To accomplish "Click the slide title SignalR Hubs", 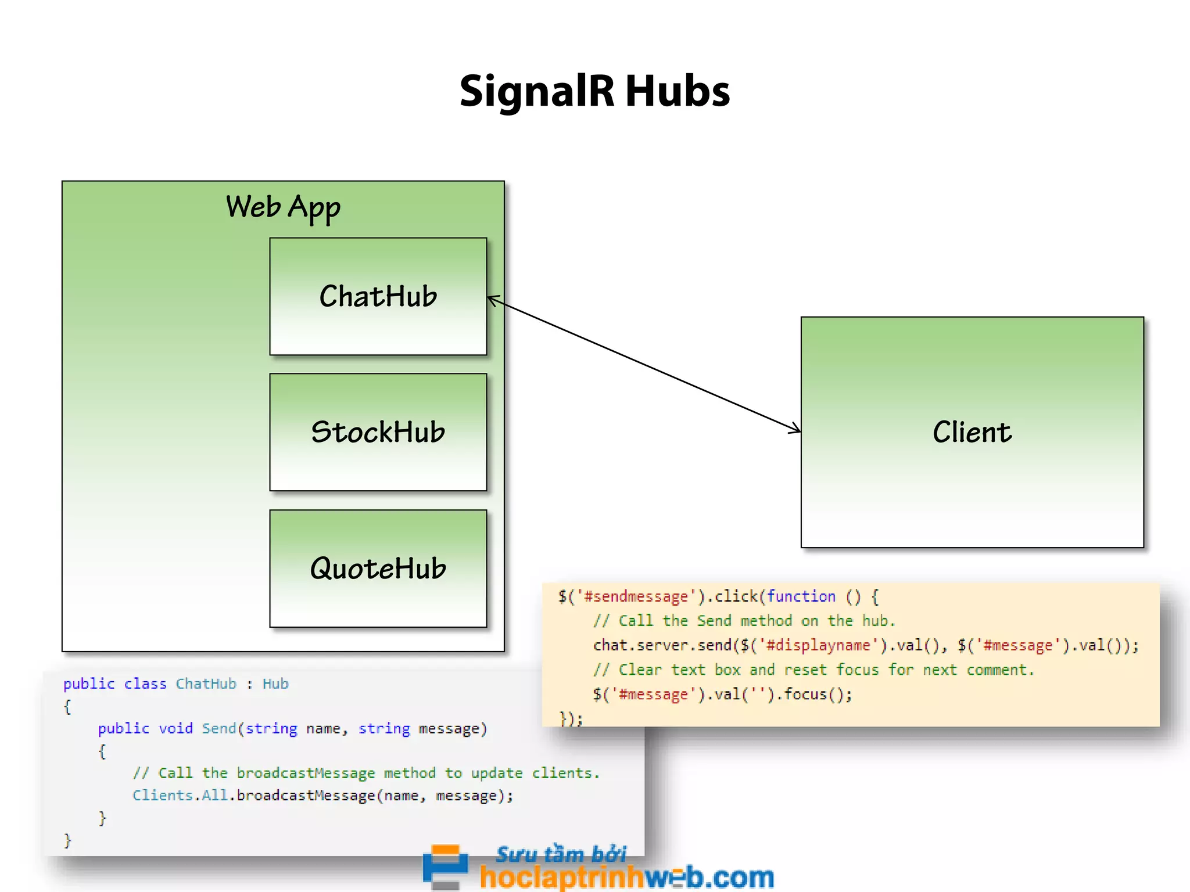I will click(594, 92).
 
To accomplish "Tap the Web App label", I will click(283, 207).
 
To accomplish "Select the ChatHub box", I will click(378, 296).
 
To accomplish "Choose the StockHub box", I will click(378, 432).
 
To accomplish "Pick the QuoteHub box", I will click(378, 568).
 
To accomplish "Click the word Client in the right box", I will click(972, 432).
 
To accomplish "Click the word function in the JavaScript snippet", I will click(801, 596).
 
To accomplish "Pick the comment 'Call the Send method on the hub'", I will click(744, 621).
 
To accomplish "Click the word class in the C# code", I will click(145, 684).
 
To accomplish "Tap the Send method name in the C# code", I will click(219, 728).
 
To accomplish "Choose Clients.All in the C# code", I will click(180, 795).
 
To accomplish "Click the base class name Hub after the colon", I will click(275, 684).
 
